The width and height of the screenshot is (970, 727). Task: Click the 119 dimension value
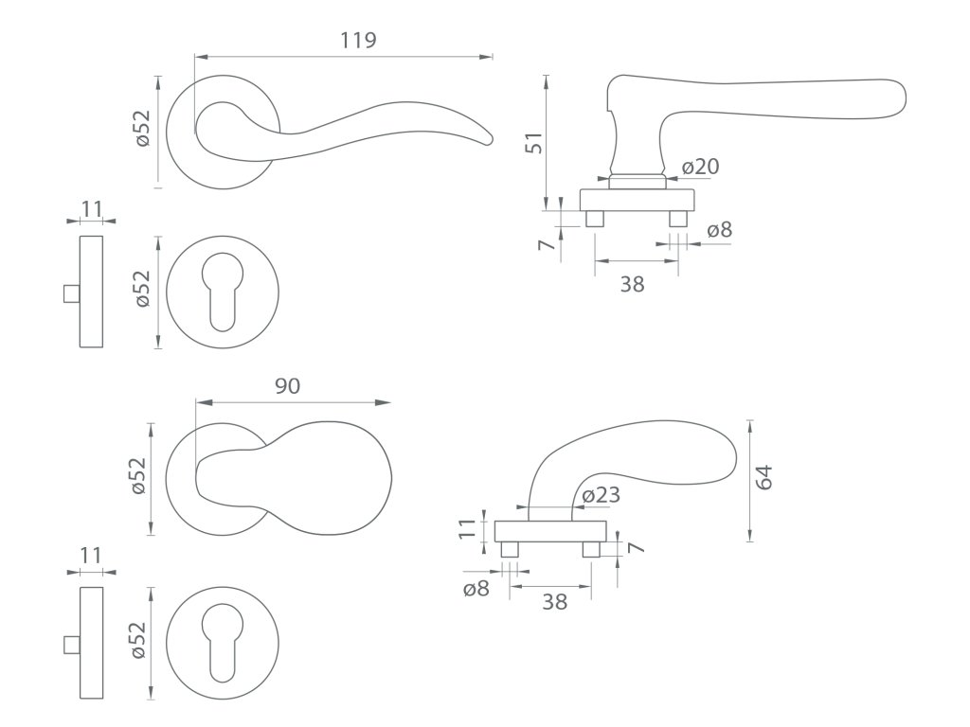coord(358,40)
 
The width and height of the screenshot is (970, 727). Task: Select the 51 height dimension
coord(533,142)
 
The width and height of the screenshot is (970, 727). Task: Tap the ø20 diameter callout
coord(700,167)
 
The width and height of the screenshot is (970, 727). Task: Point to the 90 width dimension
coord(288,386)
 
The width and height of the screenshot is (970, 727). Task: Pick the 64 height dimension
coord(765,476)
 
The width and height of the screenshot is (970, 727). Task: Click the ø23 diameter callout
coord(601,495)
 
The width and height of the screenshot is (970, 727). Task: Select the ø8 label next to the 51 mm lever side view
coord(720,229)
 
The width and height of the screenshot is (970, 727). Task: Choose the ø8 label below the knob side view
coord(476,589)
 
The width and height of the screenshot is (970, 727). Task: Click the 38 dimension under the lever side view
coord(632,283)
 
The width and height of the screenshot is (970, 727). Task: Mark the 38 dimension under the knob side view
coord(555,601)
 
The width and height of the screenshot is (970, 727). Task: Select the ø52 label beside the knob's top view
coord(138,475)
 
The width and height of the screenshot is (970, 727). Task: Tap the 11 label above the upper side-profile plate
coord(91,207)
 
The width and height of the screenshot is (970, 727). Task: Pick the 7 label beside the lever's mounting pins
coord(545,244)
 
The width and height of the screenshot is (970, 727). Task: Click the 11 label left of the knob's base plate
coord(466,528)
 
